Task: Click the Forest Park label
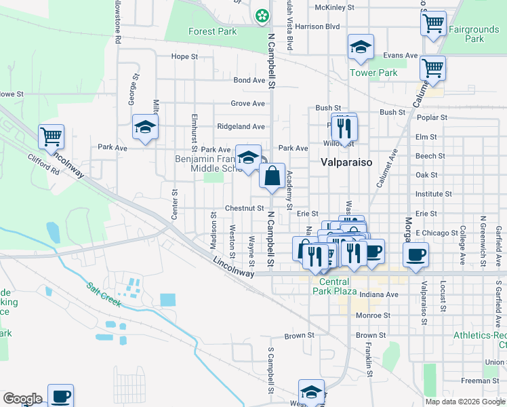(x=211, y=31)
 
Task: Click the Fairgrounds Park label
(x=474, y=34)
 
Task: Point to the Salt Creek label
(x=104, y=294)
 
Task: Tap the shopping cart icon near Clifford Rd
(x=52, y=136)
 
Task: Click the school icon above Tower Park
(x=361, y=47)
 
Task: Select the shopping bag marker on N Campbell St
(x=272, y=176)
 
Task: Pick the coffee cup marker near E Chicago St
(x=415, y=255)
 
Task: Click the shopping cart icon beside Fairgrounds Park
(x=433, y=24)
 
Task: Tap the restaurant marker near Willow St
(x=346, y=126)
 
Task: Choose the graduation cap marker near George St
(x=145, y=127)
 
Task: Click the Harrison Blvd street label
(x=317, y=26)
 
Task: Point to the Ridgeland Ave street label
(x=241, y=126)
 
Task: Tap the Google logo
(x=22, y=399)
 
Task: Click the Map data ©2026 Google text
(x=464, y=402)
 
